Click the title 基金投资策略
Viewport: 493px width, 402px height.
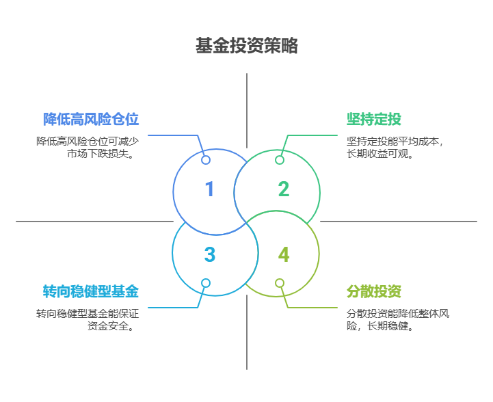click(x=246, y=46)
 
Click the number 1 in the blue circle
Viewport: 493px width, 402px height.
click(x=209, y=189)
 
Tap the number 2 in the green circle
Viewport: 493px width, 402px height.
click(x=284, y=189)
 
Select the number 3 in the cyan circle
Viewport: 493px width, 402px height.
click(x=209, y=255)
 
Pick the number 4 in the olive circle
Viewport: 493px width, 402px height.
click(x=284, y=255)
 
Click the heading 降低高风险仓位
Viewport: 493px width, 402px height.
click(x=91, y=120)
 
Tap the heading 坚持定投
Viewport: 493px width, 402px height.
click(x=374, y=120)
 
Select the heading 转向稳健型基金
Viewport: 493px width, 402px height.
click(x=91, y=292)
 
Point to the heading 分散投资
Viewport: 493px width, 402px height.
click(x=374, y=292)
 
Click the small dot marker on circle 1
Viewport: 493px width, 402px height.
click(x=205, y=160)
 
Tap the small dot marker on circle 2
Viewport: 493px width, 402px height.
click(x=280, y=160)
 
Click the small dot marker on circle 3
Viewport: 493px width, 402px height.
click(x=205, y=283)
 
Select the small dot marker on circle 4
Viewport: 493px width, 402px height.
click(x=280, y=283)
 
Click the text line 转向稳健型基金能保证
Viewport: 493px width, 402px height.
click(x=88, y=314)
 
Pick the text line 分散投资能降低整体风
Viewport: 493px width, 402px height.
click(x=398, y=314)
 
